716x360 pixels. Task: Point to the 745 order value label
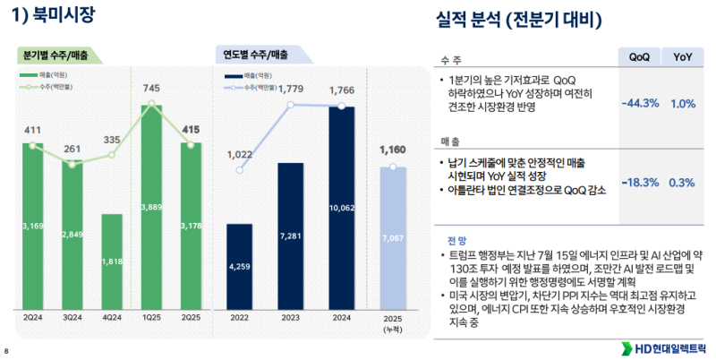pyautogui.click(x=152, y=88)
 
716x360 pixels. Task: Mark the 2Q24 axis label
pyautogui.click(x=32, y=317)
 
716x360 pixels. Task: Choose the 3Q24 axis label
pyautogui.click(x=72, y=317)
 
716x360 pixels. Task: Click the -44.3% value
pyautogui.click(x=639, y=104)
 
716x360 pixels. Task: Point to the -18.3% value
pyautogui.click(x=639, y=183)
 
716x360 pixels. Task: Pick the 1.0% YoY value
pyautogui.click(x=682, y=104)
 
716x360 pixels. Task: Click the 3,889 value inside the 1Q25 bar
pyautogui.click(x=152, y=208)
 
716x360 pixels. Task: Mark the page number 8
pyautogui.click(x=6, y=350)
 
